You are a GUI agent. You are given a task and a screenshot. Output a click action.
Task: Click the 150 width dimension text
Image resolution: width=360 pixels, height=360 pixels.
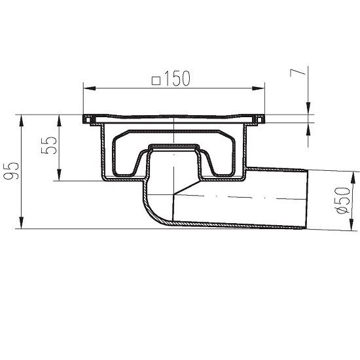coord(177,79)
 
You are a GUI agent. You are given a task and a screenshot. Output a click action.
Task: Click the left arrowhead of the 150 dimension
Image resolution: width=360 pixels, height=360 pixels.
coord(86,88)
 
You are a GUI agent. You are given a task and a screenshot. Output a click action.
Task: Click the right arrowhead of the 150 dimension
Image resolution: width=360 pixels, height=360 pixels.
coord(262,88)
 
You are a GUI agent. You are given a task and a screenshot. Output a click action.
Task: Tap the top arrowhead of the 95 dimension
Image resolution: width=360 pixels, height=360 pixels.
coord(23,118)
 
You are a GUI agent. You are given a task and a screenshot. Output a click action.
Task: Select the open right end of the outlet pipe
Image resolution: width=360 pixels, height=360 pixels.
coord(305,198)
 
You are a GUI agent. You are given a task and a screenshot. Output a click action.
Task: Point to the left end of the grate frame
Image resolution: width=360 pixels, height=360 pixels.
coord(86,120)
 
